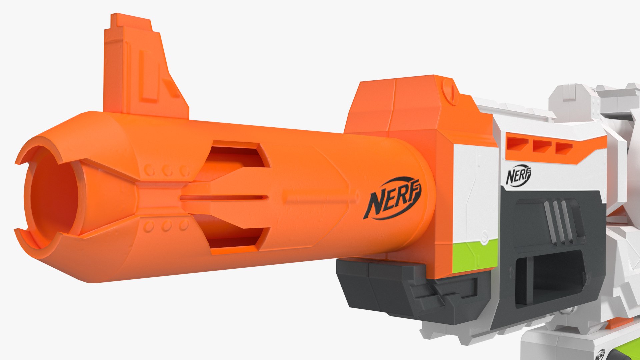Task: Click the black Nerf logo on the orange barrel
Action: coord(394,198)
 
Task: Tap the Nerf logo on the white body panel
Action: coord(518,175)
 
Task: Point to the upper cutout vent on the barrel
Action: coord(237,156)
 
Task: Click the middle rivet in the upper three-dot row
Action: coord(167,171)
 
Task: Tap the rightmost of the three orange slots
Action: coord(563,148)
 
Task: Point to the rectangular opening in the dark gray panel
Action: coord(550,280)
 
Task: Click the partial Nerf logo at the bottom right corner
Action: coord(600,354)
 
